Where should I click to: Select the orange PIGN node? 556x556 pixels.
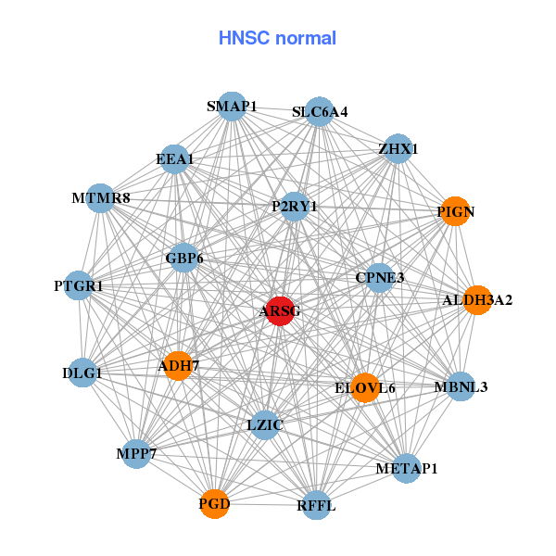pyautogui.click(x=455, y=211)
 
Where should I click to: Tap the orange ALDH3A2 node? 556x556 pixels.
pyautogui.click(x=477, y=299)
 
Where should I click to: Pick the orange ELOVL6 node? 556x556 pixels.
pyautogui.click(x=365, y=387)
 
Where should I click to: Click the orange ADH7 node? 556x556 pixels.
pyautogui.click(x=177, y=365)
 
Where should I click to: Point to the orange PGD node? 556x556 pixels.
pyautogui.click(x=214, y=504)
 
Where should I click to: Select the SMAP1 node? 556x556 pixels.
pyautogui.click(x=232, y=107)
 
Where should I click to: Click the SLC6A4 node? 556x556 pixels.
pyautogui.click(x=319, y=112)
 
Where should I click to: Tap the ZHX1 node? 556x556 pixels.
pyautogui.click(x=398, y=148)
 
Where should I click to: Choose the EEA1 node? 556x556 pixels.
pyautogui.click(x=174, y=159)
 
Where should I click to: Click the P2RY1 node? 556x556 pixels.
pyautogui.click(x=294, y=207)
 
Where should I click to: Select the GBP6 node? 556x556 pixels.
pyautogui.click(x=183, y=258)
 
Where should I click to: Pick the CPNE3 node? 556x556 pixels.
pyautogui.click(x=379, y=278)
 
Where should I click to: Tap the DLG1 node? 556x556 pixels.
pyautogui.click(x=82, y=373)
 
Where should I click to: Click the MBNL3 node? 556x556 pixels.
pyautogui.click(x=461, y=385)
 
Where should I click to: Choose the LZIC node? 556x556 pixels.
pyautogui.click(x=265, y=425)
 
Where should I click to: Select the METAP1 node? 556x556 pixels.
pyautogui.click(x=406, y=469)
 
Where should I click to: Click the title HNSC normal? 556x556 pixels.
pyautogui.click(x=277, y=38)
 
